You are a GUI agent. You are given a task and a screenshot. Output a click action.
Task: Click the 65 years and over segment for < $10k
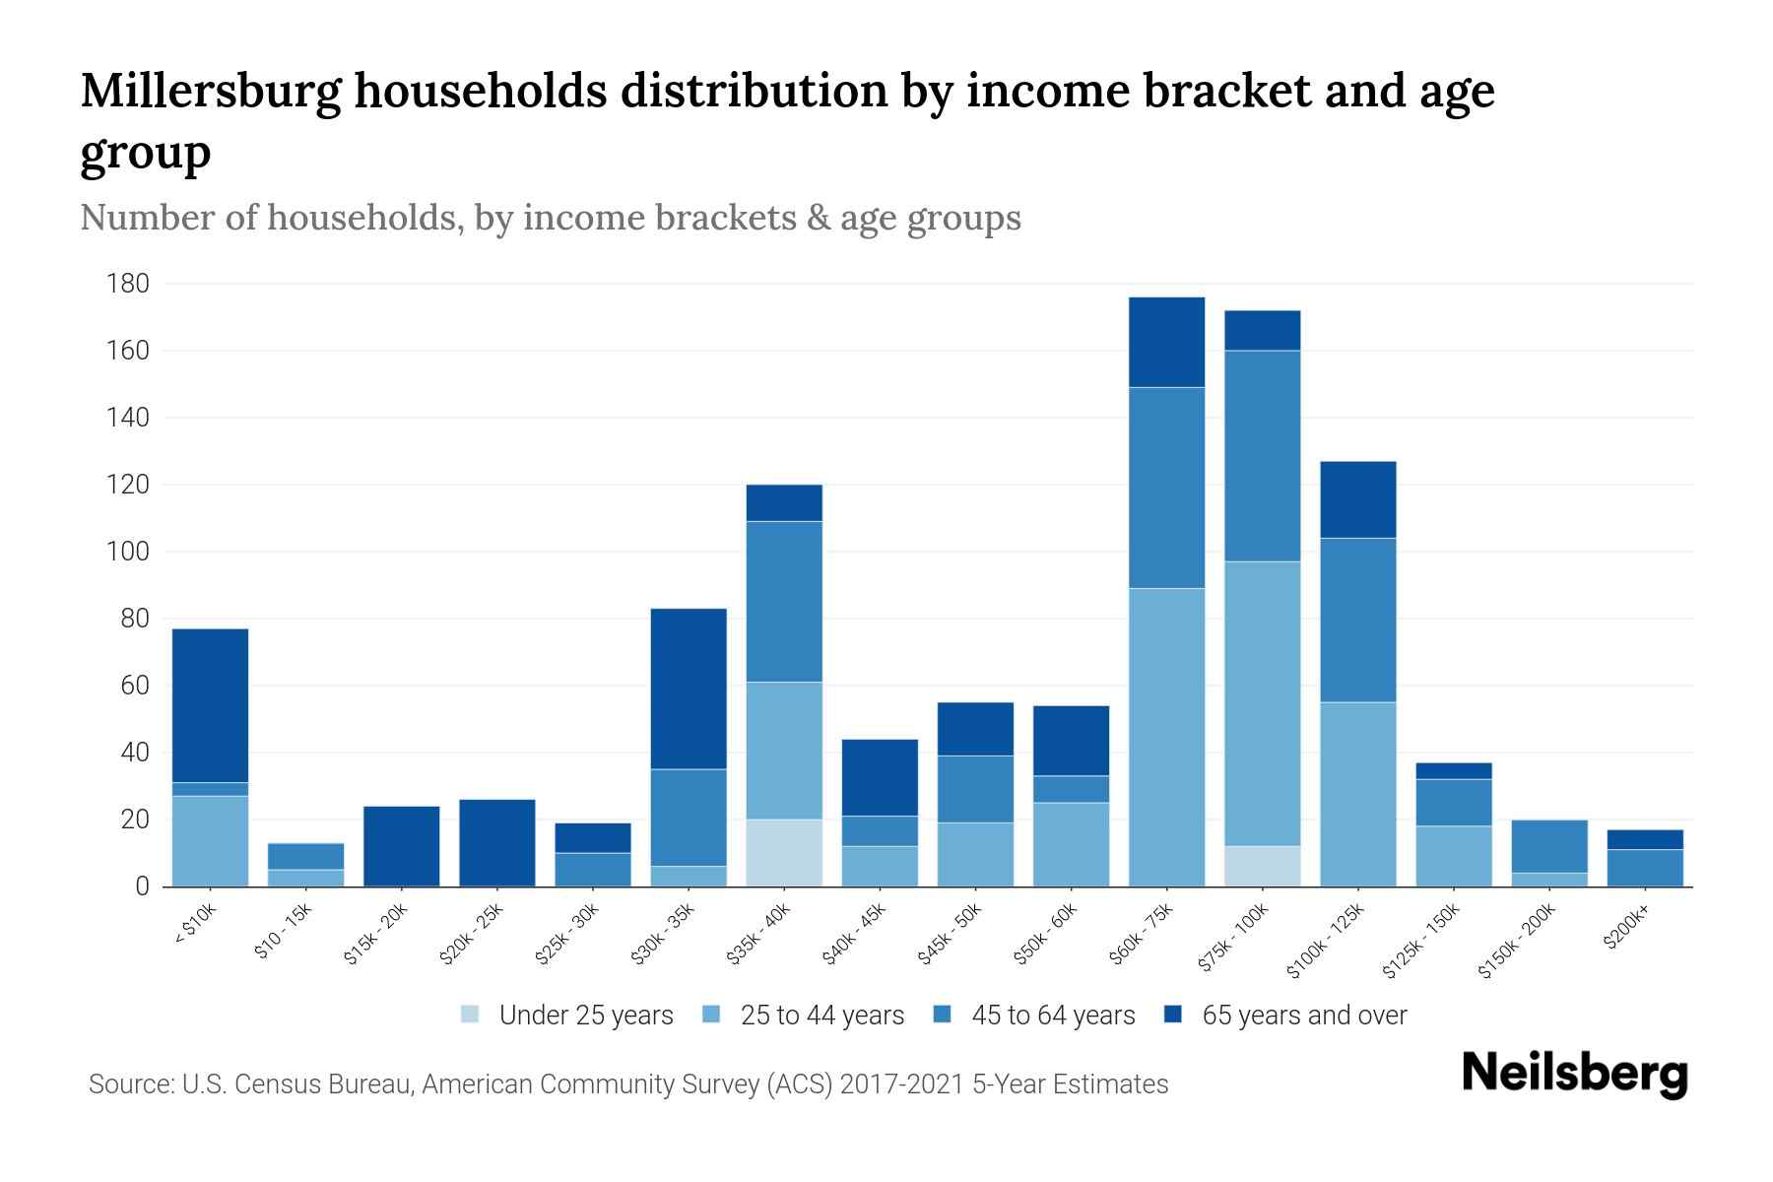click(210, 705)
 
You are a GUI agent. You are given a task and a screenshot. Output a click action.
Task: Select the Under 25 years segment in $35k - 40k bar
click(784, 853)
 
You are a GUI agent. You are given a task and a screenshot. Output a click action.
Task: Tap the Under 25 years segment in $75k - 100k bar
click(1263, 866)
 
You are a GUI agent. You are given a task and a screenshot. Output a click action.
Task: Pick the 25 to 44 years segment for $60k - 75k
click(1166, 737)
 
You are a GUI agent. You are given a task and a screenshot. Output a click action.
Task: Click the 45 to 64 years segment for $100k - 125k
click(1358, 620)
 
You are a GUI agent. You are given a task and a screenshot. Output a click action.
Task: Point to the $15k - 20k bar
click(401, 846)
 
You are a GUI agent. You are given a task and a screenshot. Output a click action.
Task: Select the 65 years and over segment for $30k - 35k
click(689, 689)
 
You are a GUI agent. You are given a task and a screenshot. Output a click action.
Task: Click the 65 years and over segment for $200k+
click(1646, 839)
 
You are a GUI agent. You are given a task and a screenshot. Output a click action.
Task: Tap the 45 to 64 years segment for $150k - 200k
click(1549, 846)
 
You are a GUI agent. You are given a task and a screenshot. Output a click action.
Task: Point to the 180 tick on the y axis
click(128, 285)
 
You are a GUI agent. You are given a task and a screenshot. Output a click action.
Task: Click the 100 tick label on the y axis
click(128, 552)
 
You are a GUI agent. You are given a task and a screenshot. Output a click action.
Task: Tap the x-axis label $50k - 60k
click(1048, 934)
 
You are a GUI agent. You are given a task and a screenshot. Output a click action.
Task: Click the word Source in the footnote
click(129, 1084)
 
